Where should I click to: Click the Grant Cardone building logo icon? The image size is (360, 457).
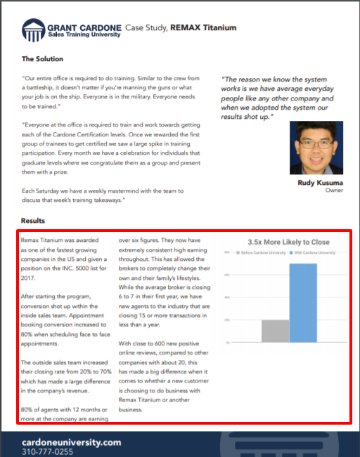tap(33, 30)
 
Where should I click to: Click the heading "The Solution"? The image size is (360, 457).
tap(42, 58)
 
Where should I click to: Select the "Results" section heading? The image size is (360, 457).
tap(33, 221)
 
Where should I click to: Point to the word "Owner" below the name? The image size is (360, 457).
tap(333, 190)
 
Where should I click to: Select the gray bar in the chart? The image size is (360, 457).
tap(275, 330)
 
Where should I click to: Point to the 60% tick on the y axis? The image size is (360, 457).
tap(226, 275)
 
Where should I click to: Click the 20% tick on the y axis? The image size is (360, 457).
tap(226, 320)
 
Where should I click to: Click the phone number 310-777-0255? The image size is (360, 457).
tap(47, 451)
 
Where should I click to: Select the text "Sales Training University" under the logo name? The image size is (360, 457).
tap(84, 34)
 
